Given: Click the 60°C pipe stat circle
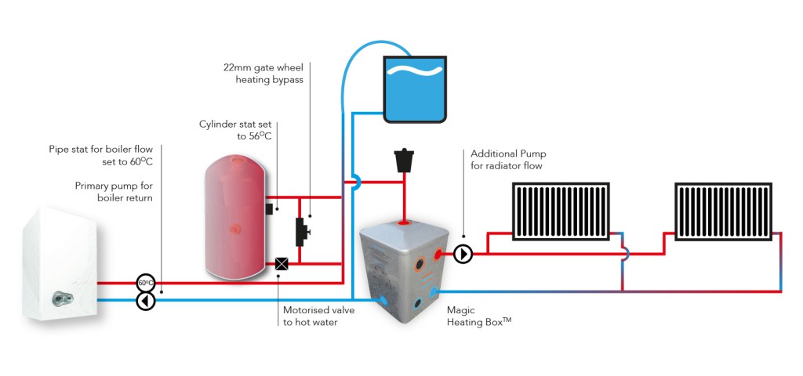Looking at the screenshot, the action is click(x=145, y=282).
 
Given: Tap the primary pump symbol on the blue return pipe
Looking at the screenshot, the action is click(x=145, y=301).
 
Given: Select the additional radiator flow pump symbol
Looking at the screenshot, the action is click(x=463, y=254).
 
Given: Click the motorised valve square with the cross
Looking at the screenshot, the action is click(x=282, y=264).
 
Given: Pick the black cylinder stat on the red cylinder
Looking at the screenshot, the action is click(x=268, y=209).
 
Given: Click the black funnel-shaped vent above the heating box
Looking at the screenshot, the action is click(x=404, y=160).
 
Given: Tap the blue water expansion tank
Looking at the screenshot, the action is click(x=416, y=89).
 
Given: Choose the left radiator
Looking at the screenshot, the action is click(x=561, y=211).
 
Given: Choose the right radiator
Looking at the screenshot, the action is click(x=724, y=211).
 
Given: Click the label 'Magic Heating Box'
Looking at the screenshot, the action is click(x=479, y=316).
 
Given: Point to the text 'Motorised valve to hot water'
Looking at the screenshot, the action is click(x=318, y=316).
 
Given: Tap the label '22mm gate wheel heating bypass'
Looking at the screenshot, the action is click(x=263, y=73).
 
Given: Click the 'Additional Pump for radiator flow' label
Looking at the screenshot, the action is click(x=507, y=160).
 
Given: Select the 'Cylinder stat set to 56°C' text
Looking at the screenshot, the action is click(x=238, y=131).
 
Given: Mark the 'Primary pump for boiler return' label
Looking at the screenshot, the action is click(x=114, y=191).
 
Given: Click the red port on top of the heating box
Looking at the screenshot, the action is click(x=404, y=223).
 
